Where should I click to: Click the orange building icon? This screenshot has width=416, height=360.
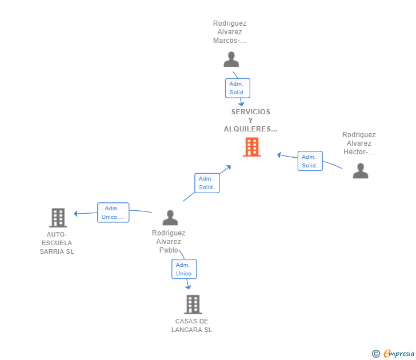(x=252, y=147)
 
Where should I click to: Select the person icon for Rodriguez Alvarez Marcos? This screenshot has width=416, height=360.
(x=231, y=59)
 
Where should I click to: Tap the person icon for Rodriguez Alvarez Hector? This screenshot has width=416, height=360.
(x=360, y=171)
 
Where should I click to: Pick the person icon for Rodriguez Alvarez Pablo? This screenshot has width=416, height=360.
(x=170, y=218)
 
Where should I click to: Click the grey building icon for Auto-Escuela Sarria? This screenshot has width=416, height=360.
(x=58, y=218)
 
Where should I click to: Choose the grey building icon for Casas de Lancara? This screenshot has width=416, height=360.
(x=193, y=305)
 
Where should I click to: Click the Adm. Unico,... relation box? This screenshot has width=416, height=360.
(x=113, y=213)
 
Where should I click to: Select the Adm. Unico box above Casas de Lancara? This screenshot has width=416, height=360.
(x=184, y=269)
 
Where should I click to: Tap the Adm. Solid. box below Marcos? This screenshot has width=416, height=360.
(x=238, y=88)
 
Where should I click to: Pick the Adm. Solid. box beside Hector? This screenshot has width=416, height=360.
(x=310, y=161)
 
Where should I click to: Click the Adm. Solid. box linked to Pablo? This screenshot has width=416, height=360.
(x=207, y=183)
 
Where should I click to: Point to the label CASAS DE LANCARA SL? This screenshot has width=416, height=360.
(x=191, y=326)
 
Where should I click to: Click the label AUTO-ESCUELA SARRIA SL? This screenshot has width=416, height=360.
(x=57, y=243)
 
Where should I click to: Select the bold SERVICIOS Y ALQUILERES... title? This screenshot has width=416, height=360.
(x=250, y=121)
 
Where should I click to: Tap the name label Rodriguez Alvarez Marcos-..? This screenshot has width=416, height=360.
(x=230, y=32)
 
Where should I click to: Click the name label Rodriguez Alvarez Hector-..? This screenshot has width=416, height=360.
(x=359, y=143)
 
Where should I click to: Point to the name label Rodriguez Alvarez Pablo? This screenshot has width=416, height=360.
(x=169, y=241)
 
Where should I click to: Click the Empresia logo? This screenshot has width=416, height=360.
(x=399, y=353)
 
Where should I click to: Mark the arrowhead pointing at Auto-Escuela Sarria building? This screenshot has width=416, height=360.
(x=75, y=213)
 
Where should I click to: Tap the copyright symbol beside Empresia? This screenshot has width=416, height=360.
(x=376, y=354)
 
